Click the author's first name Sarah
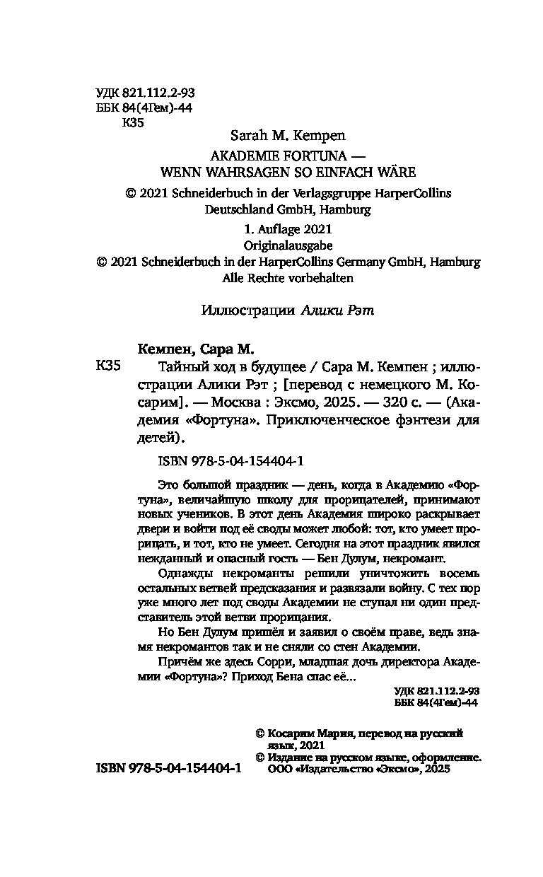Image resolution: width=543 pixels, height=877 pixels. [x=248, y=134]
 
